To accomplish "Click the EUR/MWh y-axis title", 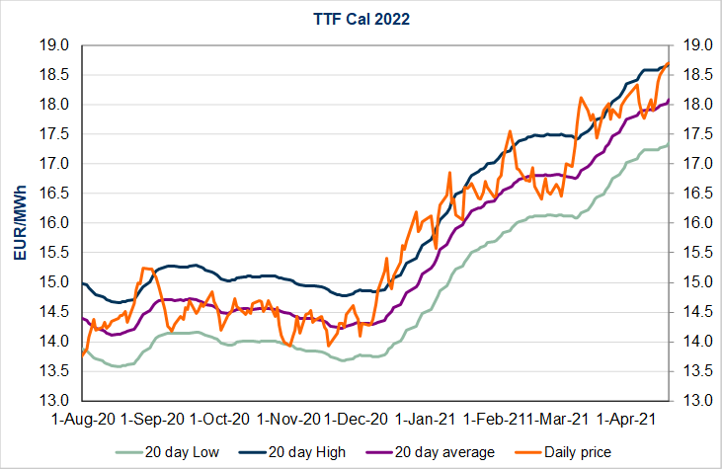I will coord(20,223).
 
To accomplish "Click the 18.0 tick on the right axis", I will coord(688,105).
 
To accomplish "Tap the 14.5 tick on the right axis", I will coord(688,312).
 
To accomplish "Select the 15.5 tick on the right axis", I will coord(688,253).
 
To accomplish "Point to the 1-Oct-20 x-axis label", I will coord(220,420).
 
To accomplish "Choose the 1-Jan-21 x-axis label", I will coord(427,420).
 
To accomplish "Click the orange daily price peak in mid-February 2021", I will coord(510,131).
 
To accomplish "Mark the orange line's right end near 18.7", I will coord(669,64).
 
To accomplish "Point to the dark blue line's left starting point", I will coord(83,283).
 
